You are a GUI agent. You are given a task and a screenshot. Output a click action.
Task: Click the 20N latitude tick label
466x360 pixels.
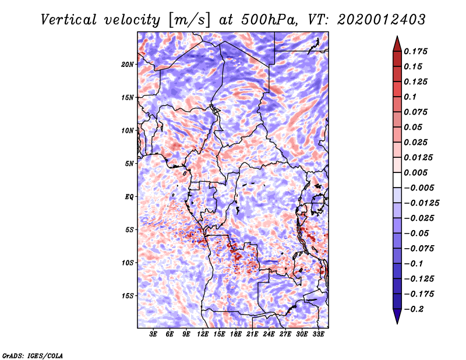pyautogui.click(x=128, y=64)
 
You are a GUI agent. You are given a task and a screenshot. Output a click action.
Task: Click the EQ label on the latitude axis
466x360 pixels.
pyautogui.click(x=129, y=196)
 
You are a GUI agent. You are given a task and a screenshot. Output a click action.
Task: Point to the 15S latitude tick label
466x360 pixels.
pyautogui.click(x=128, y=295)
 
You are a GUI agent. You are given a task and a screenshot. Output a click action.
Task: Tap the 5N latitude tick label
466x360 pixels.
pyautogui.click(x=129, y=163)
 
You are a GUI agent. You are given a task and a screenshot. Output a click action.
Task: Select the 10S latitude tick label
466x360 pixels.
pyautogui.click(x=128, y=263)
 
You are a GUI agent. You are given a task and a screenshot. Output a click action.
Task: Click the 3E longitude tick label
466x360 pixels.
pyautogui.click(x=154, y=334)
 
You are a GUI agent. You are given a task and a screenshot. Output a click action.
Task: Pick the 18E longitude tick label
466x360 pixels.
pyautogui.click(x=236, y=334)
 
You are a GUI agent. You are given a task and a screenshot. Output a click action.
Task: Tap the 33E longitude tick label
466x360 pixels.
pyautogui.click(x=318, y=334)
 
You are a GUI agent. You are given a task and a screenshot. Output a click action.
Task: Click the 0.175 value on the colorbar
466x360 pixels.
pyautogui.click(x=416, y=51)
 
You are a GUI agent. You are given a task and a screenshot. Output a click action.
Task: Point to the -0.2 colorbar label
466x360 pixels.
pyautogui.click(x=416, y=309)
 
